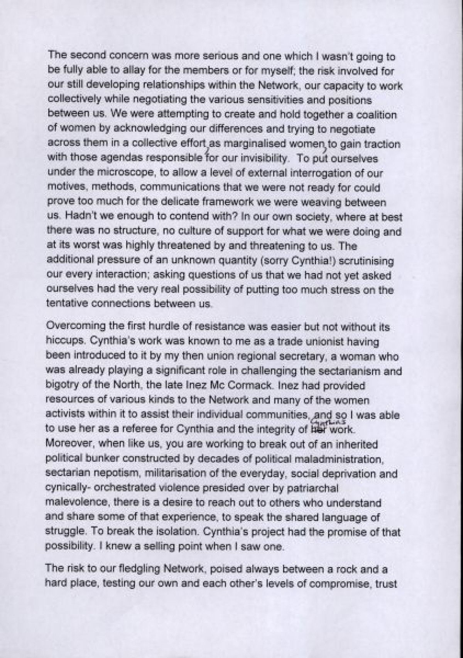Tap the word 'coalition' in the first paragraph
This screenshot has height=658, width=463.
click(x=372, y=115)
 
